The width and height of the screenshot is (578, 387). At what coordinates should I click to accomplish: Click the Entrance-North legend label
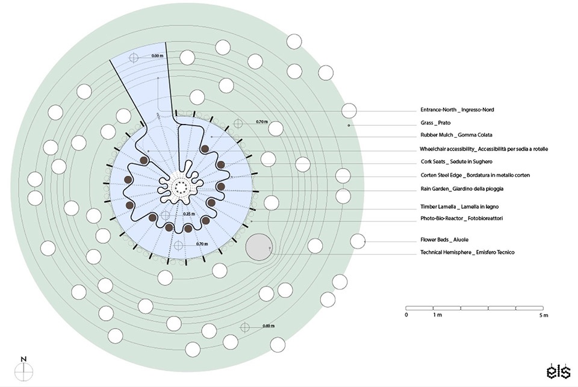[457, 110]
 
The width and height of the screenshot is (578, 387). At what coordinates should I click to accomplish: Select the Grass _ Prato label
[435, 123]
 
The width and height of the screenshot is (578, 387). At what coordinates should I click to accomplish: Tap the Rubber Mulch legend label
[456, 135]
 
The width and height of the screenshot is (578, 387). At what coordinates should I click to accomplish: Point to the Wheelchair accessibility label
[483, 149]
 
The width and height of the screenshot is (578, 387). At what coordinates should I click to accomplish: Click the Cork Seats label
[456, 162]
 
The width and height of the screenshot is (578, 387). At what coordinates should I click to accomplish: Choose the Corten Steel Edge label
[475, 175]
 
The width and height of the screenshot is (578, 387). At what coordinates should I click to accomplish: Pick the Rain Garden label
[462, 189]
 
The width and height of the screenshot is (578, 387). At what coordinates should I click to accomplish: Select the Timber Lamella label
[459, 207]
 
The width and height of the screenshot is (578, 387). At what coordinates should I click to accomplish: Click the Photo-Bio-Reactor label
[462, 218]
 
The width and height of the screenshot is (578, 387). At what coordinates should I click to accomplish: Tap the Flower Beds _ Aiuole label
[444, 240]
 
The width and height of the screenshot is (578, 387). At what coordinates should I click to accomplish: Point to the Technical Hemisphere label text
[467, 252]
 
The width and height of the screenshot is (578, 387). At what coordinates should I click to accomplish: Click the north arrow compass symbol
[24, 372]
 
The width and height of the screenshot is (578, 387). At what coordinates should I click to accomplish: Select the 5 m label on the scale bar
[543, 315]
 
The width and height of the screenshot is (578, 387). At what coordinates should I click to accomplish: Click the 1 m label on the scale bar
[437, 315]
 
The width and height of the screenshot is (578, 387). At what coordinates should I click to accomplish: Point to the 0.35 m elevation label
[189, 214]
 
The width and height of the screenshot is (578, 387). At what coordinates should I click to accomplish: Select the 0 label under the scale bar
[406, 315]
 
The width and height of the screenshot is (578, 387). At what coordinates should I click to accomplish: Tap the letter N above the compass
[23, 359]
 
